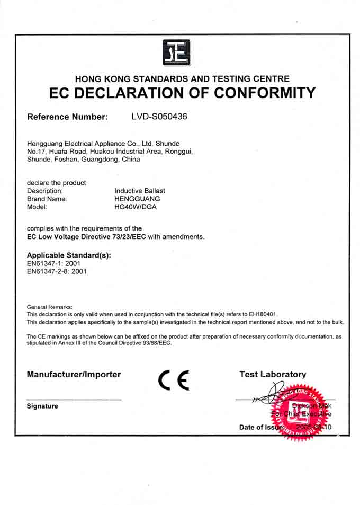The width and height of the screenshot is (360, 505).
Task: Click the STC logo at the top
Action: [x=176, y=52]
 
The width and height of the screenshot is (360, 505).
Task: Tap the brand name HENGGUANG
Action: [x=137, y=199]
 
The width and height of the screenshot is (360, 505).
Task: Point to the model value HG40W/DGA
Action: [x=136, y=207]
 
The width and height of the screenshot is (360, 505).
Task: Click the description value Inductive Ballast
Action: [x=140, y=191]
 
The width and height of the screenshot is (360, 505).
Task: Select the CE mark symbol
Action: [x=174, y=380]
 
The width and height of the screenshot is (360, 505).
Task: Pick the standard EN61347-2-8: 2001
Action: [x=56, y=271]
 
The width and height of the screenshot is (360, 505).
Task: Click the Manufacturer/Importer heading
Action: [x=74, y=375]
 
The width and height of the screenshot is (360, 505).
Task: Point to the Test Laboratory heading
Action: [x=273, y=375]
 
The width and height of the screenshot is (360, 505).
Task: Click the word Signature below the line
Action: [x=42, y=406]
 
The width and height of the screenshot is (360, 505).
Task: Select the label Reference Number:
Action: [x=67, y=116]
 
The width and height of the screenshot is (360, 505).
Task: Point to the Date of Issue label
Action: [x=262, y=427]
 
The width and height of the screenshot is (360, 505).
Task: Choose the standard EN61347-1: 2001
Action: [x=53, y=263]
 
